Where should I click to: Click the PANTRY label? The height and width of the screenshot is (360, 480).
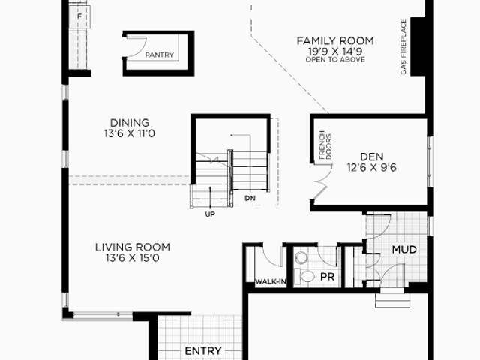160,55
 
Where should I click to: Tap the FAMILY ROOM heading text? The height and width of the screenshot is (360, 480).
335,41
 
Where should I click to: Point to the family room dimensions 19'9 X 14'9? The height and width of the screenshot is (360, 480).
335,51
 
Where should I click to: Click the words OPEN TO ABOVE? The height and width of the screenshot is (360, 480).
335,60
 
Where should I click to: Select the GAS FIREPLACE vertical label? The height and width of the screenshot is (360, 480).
403,46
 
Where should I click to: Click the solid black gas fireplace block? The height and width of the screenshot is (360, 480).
418,46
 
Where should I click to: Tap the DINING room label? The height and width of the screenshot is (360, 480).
130,123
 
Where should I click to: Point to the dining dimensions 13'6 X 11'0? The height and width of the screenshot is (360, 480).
130,133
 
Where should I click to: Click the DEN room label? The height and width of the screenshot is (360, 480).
372,157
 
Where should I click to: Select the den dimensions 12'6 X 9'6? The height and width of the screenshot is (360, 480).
372,168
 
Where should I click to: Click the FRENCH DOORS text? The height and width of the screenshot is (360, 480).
325,145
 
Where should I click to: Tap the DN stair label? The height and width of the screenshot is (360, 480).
250,198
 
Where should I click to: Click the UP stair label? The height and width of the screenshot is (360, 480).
210,214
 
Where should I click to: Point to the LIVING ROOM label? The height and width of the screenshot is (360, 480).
133,247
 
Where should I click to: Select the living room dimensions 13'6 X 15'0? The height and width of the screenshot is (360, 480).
133,258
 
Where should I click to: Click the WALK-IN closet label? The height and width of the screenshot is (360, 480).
271,282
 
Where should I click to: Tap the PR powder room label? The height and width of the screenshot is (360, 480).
327,277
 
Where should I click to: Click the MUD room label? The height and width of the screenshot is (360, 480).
404,250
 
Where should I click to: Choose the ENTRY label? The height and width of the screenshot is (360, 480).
203,351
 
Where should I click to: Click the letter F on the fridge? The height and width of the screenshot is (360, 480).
79,16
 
